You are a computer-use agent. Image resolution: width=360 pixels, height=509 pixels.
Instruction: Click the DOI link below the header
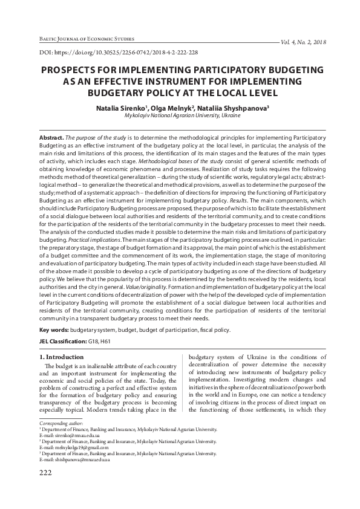118,53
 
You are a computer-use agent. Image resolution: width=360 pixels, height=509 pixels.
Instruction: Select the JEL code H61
105,342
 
